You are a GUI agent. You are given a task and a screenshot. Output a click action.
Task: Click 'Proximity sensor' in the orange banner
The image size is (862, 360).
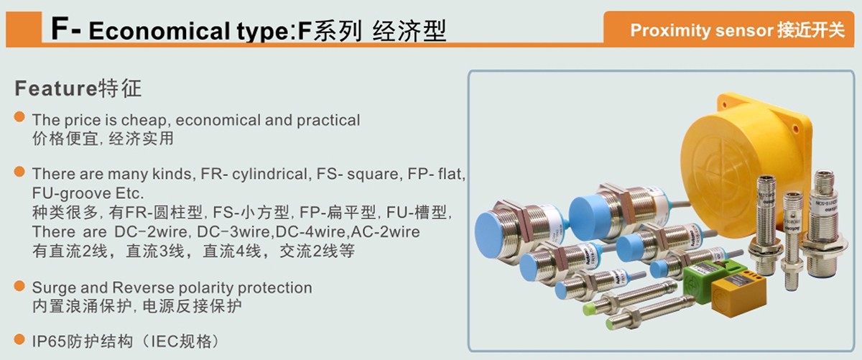point(701,31)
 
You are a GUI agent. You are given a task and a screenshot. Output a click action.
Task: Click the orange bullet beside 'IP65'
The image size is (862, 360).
point(19,338)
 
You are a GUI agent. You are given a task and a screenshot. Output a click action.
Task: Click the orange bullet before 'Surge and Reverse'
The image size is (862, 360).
point(19,287)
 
